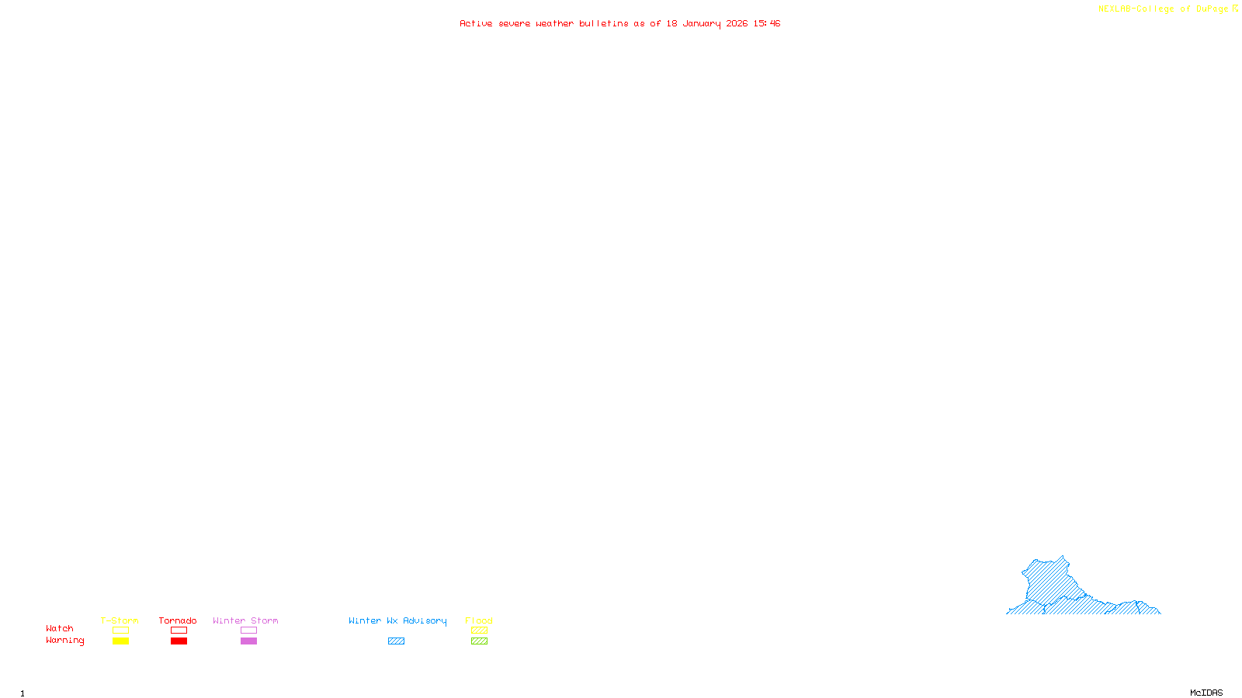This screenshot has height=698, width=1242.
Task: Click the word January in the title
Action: coord(701,23)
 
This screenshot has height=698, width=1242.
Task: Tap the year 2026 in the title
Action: coord(737,23)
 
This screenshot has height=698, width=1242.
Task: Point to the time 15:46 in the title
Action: coord(766,23)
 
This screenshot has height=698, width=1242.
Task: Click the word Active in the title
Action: coord(476,23)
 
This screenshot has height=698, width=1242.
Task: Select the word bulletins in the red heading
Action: coord(603,23)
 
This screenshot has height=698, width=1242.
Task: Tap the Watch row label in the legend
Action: coord(60,628)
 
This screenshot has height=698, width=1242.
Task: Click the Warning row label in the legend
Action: coord(64,641)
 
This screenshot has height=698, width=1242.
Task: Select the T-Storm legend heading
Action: coord(120,620)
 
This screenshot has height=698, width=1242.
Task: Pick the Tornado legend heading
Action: coord(178,620)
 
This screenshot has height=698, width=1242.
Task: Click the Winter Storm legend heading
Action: coord(245,620)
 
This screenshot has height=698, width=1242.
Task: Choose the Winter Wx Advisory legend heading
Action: coord(397,620)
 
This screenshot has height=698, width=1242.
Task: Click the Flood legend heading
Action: coord(479,620)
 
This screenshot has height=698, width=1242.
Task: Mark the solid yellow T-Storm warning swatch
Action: coord(120,641)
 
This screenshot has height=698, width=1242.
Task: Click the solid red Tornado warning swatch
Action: coord(179,641)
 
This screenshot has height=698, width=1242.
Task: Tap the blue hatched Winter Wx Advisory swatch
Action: coord(396,641)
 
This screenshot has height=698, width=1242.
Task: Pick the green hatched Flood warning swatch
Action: coord(479,641)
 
